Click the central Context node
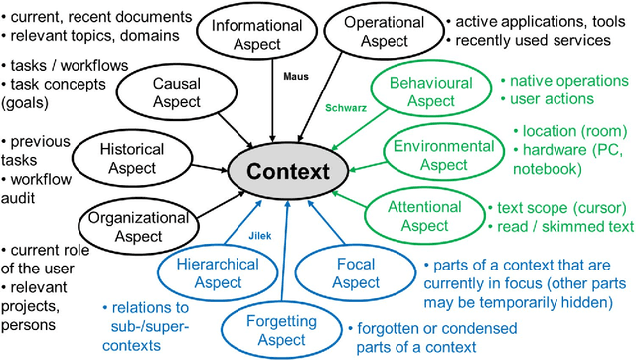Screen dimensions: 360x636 (x=288, y=171)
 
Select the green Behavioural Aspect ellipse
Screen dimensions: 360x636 (x=431, y=92)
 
